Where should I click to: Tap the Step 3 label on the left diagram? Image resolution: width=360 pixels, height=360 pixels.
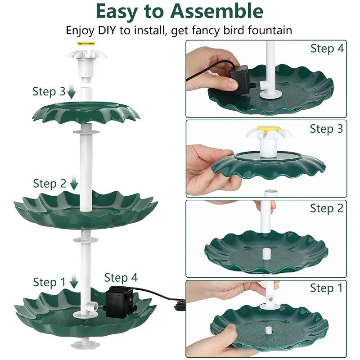[x=49, y=92]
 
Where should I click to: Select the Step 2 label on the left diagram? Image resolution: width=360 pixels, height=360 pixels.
[x=49, y=184]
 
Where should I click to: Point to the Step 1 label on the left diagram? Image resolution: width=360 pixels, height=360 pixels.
[x=49, y=282]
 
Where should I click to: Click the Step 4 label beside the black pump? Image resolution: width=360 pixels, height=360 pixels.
[x=121, y=278]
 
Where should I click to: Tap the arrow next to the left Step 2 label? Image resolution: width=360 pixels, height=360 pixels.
[x=74, y=184]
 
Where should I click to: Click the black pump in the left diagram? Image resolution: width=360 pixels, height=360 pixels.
[x=119, y=299]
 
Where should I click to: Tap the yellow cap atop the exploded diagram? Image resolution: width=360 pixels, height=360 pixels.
[x=86, y=44]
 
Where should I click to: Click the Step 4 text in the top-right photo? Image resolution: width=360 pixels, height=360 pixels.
[x=327, y=48]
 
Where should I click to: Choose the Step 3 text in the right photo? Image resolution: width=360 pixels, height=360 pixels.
[x=326, y=129]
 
